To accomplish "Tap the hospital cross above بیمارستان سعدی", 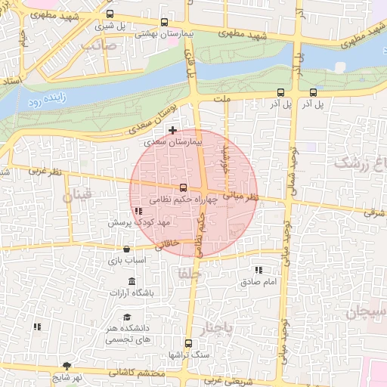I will pyautogui.click(x=173, y=131).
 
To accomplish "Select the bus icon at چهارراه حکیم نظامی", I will pyautogui.click(x=183, y=187).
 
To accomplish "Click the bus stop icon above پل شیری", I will pyautogui.click(x=111, y=14).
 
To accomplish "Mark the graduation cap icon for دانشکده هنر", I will pyautogui.click(x=128, y=317).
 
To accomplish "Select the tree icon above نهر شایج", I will pyautogui.click(x=67, y=365).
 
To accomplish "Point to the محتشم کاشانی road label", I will pyautogui.click(x=136, y=372).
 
